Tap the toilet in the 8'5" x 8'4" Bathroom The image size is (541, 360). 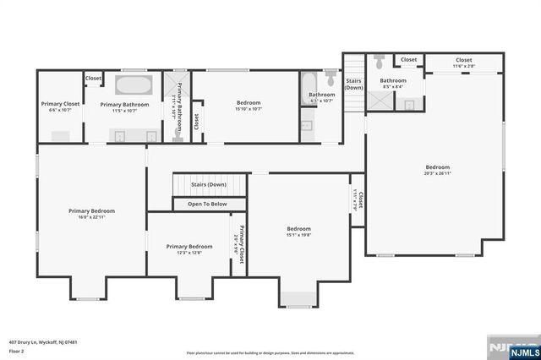pos(380,63)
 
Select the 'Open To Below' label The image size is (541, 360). pos(206,204)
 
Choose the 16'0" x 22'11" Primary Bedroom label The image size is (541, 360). pos(91,214)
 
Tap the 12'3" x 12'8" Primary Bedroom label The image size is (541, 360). pos(189,249)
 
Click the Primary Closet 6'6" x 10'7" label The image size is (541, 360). pos(59,107)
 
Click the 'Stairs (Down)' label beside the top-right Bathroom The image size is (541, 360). pos(353,84)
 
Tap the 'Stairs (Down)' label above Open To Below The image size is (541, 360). pos(208,184)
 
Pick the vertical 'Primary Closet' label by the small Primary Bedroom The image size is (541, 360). pos(240,245)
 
